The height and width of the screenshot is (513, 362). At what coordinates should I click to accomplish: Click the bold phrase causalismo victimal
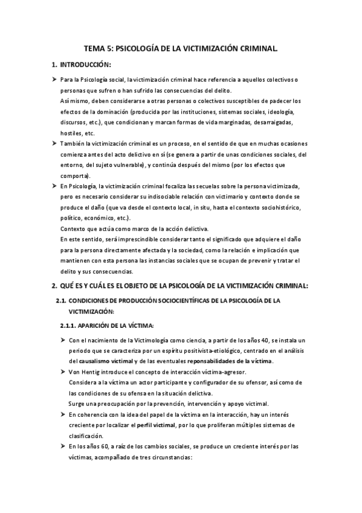tap(108, 361)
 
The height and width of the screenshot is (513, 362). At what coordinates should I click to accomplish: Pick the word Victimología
tap(142, 340)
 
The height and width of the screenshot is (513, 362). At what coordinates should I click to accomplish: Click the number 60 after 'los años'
tap(106, 446)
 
